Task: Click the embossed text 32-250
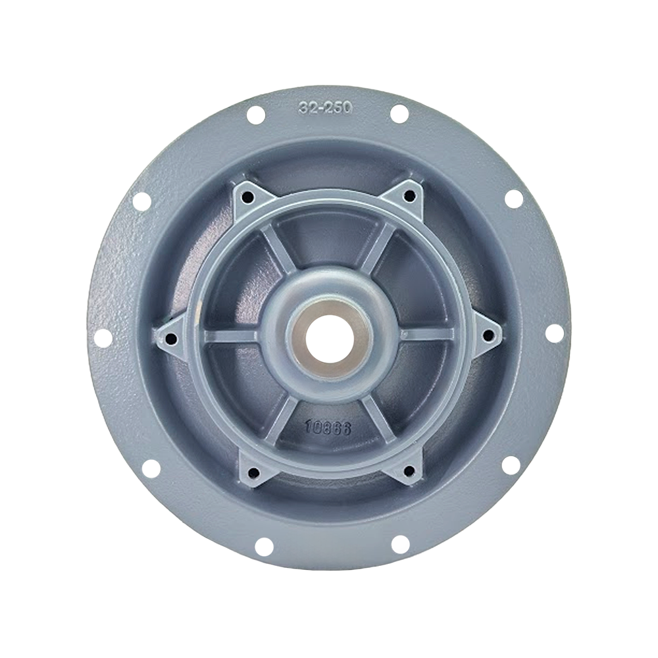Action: (x=326, y=108)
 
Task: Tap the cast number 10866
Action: (x=328, y=428)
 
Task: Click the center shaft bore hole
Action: (x=328, y=339)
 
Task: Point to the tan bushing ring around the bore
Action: (x=328, y=339)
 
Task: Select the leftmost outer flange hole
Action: (x=103, y=336)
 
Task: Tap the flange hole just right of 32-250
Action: (x=399, y=114)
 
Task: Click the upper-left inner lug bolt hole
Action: (x=249, y=196)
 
